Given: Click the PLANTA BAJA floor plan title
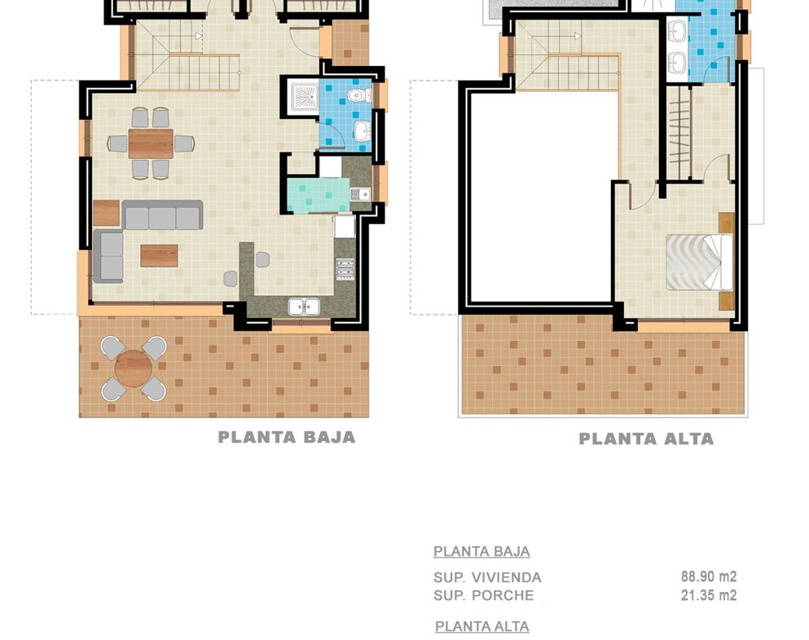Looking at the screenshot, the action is [x=287, y=437].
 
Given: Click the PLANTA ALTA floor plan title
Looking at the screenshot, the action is [x=647, y=439].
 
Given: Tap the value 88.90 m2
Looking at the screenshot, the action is [x=709, y=576].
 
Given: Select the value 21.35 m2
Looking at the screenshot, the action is [x=709, y=595].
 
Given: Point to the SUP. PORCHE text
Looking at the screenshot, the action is [x=483, y=596].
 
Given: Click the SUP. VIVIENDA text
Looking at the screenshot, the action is [x=487, y=577].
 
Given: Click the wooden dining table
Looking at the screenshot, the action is [x=151, y=143].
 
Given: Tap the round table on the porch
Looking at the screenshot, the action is [x=133, y=368].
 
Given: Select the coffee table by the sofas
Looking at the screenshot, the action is [x=159, y=256].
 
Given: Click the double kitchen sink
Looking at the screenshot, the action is [x=304, y=307].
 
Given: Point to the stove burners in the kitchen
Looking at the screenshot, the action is [x=345, y=269].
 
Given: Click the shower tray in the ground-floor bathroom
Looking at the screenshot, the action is [x=305, y=96].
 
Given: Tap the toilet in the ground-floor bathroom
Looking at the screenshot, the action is [x=358, y=95].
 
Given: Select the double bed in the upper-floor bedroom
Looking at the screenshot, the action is [x=699, y=263].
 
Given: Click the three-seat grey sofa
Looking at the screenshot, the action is [x=162, y=215].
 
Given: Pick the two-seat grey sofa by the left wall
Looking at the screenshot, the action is [x=108, y=257].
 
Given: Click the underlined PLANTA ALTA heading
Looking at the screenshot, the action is [x=481, y=627].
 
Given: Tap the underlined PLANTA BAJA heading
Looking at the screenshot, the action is [x=481, y=552].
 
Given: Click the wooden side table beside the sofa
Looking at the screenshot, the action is [x=107, y=213].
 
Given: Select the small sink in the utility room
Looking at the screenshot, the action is [x=361, y=194].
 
